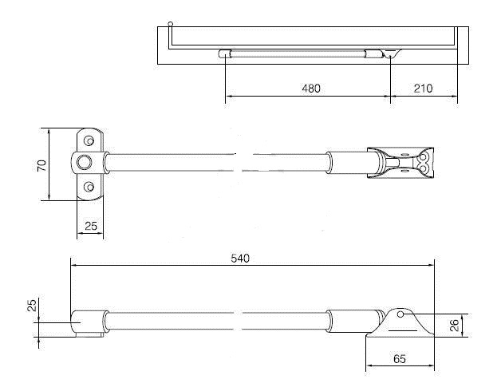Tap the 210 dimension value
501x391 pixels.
click(423, 89)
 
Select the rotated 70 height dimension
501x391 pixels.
click(41, 165)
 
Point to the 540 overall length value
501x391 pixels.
click(240, 258)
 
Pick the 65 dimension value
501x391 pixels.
click(400, 360)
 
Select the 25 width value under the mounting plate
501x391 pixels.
click(91, 227)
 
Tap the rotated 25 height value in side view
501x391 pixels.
click(32, 306)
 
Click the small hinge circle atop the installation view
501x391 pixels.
click(170, 25)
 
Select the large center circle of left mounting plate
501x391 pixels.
click(83, 164)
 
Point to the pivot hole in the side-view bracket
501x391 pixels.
click(404, 317)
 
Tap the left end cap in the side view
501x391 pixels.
click(86, 323)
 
